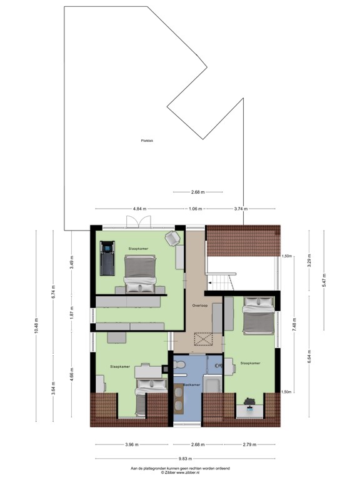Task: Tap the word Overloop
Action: click(x=200, y=306)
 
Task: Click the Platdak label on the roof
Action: click(x=147, y=141)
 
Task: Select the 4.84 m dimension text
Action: click(x=139, y=209)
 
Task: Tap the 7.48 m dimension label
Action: click(x=294, y=325)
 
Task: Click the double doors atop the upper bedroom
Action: click(x=137, y=222)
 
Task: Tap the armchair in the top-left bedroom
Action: click(x=171, y=237)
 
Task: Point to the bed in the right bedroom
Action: click(x=257, y=316)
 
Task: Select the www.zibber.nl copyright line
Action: click(x=179, y=472)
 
